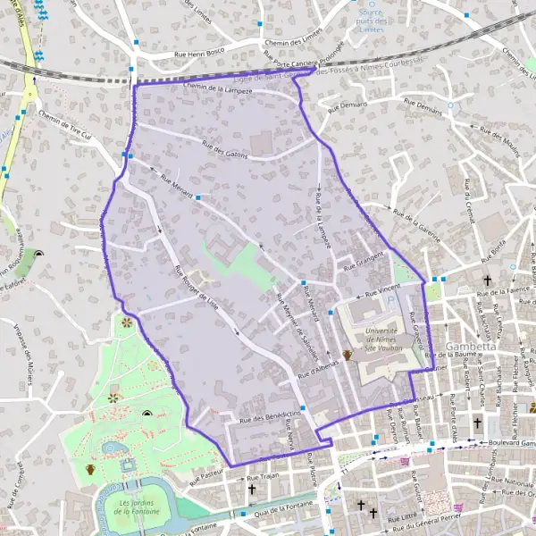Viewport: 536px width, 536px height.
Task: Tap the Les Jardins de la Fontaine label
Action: point(138,507)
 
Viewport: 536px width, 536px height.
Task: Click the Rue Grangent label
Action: point(360,261)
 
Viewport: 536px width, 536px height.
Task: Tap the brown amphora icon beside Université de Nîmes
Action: point(347,355)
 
